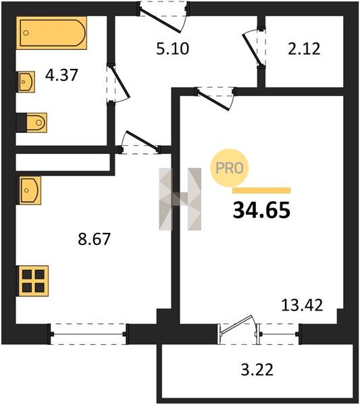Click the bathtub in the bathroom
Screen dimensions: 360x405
click(x=51, y=33)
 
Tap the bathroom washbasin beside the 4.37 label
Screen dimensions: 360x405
click(x=26, y=82)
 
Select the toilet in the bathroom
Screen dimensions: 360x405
click(x=32, y=123)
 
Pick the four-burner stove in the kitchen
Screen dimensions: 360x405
click(x=32, y=281)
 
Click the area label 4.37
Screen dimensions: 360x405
click(x=61, y=75)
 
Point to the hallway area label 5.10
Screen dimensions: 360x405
click(x=173, y=49)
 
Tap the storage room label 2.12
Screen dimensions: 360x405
click(x=304, y=49)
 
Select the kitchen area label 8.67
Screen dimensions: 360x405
click(x=94, y=239)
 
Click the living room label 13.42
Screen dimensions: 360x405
click(x=302, y=305)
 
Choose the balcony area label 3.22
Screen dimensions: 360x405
click(x=257, y=370)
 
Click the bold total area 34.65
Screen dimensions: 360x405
click(x=261, y=210)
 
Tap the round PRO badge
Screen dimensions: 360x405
click(x=230, y=168)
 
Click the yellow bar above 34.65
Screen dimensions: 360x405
click(x=261, y=190)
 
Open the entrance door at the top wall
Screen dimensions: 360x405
click(x=163, y=17)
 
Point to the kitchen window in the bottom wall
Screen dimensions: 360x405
click(x=88, y=334)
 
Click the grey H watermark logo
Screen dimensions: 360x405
click(x=180, y=199)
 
